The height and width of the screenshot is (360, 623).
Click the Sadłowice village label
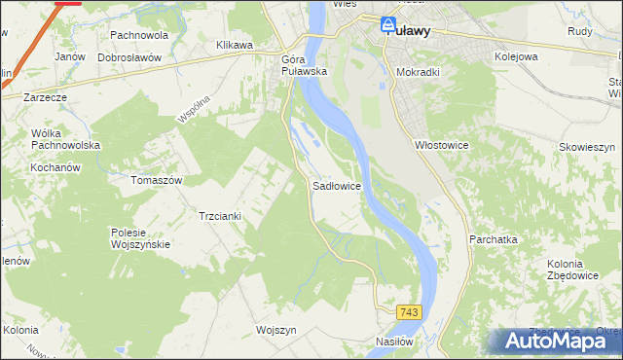[x=337, y=185]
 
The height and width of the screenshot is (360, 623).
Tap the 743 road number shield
[x=410, y=311]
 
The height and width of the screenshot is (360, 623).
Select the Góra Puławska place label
[x=300, y=65]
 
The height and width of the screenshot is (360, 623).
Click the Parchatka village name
[x=493, y=238]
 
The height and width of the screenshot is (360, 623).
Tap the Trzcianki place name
[x=220, y=215]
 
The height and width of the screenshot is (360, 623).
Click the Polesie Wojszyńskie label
[x=141, y=238]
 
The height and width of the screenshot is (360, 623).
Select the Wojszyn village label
[x=275, y=330]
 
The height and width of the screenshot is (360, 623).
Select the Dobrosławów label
[x=128, y=57]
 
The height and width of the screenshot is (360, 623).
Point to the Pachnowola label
[x=139, y=35]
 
